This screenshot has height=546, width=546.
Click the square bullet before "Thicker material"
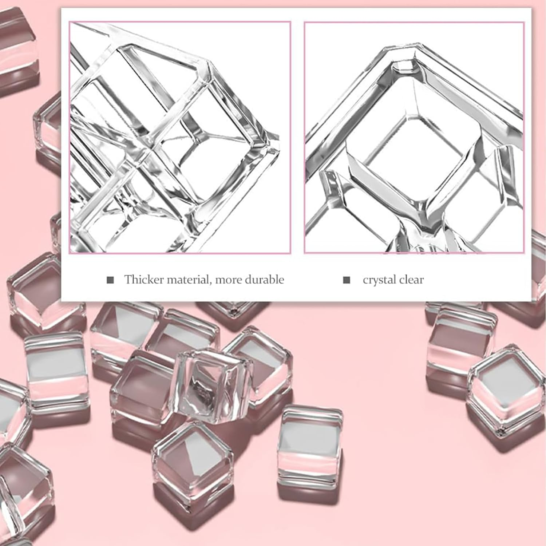pyautogui.click(x=110, y=280)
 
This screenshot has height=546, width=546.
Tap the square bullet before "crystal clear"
pyautogui.click(x=347, y=280)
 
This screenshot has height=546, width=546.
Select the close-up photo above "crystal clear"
pyautogui.click(x=414, y=138)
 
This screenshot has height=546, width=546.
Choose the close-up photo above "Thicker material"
pyautogui.click(x=180, y=138)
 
